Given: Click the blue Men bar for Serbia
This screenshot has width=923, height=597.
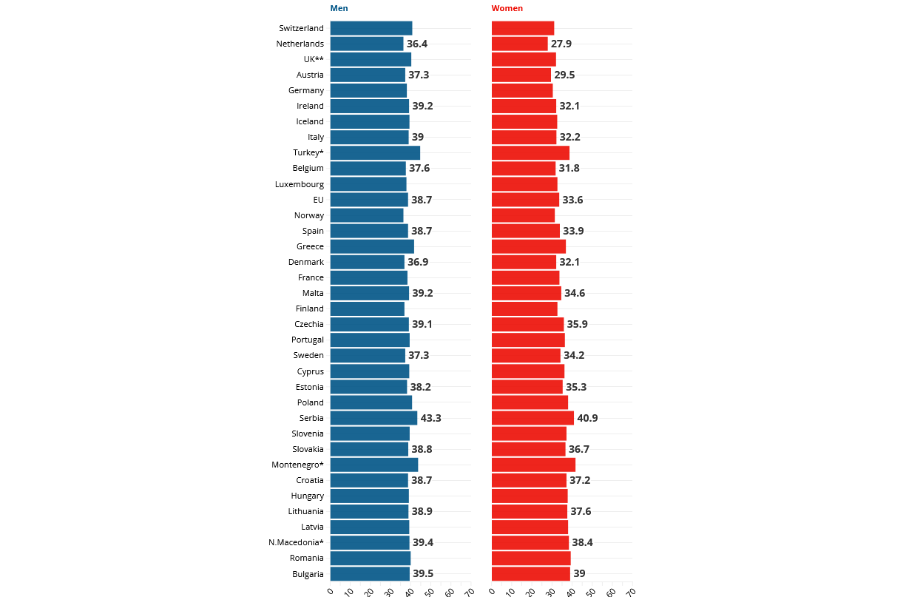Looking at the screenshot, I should coord(373,418).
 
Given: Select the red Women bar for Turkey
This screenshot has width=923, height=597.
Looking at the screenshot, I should coord(530,153).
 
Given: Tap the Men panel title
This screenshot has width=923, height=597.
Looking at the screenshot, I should coord(339,8).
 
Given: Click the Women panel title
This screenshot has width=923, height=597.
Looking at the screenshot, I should coord(507,8).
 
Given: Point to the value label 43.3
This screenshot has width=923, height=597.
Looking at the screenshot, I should coord(430,418).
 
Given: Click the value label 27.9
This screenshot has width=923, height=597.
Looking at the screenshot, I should coord(561,44).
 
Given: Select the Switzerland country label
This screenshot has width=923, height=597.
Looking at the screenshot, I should coord(301,28).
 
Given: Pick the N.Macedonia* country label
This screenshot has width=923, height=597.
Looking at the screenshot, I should coord(296,542).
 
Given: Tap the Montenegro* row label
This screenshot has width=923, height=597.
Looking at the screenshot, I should coord(297,465).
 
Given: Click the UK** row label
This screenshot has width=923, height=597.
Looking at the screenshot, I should coord(314,59).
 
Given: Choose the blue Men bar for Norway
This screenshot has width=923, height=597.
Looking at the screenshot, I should coord(367,215).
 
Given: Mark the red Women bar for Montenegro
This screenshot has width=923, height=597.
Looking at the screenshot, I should coord(533,465).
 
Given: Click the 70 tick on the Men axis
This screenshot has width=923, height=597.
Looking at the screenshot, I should coord(469,591).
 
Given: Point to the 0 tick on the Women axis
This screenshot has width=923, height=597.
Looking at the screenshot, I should coord(493,591).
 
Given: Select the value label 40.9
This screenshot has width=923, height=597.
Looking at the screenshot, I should coord(587,418).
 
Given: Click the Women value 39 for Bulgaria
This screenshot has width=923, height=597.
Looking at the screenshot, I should coord(579,573).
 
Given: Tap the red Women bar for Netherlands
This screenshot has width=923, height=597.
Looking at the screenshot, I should coord(520,44).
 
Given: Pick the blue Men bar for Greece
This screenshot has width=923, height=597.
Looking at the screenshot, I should coord(372,246).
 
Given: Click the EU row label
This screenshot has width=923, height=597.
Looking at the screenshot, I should coord(318,200).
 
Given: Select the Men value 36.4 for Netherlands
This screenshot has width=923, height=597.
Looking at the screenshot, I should coord(416,44).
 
